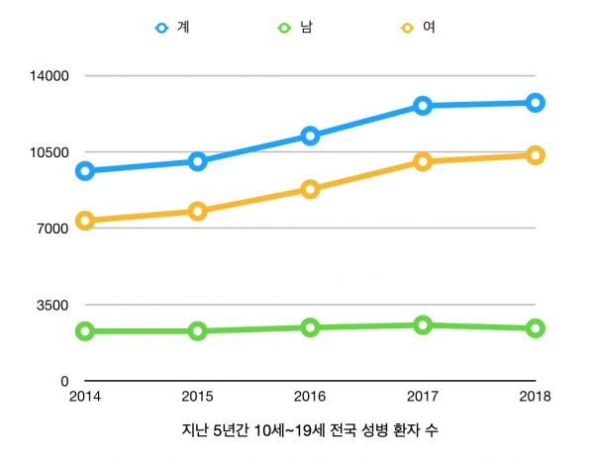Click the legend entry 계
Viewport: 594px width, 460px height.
[172, 28]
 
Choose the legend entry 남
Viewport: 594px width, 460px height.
[295, 28]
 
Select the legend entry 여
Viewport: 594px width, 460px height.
[418, 28]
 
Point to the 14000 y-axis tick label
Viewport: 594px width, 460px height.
[49, 76]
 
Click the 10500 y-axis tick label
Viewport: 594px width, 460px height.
[49, 152]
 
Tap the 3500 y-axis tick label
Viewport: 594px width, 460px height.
[52, 305]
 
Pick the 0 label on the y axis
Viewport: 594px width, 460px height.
[64, 381]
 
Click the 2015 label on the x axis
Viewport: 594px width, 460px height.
[197, 397]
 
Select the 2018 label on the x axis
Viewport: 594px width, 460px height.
[535, 397]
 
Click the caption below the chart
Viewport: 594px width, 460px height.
[310, 430]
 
